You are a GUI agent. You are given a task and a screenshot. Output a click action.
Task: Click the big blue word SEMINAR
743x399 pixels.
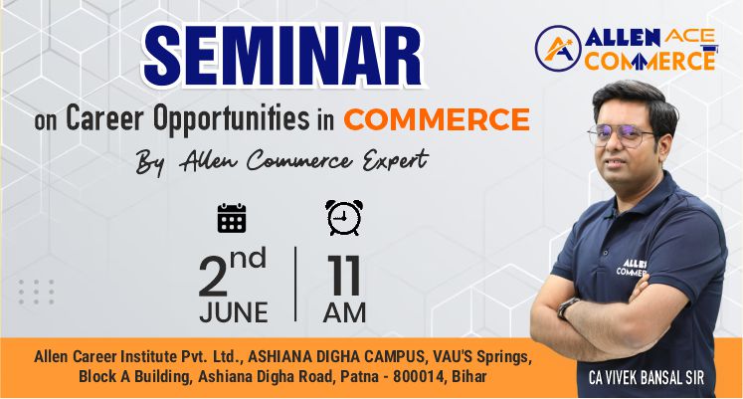coord(283,56)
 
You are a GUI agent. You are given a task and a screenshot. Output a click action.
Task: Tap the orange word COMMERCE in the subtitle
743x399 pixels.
coord(437,119)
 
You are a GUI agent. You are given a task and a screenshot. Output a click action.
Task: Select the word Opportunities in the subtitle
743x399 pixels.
coord(231,118)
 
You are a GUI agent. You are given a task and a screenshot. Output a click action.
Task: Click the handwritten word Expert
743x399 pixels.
coord(396,160)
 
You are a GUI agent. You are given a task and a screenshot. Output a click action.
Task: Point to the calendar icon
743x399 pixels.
coord(231,218)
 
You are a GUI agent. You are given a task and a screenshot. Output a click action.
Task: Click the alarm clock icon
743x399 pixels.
coord(344,218)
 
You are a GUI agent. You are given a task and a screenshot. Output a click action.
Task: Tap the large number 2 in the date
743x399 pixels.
coord(213,276)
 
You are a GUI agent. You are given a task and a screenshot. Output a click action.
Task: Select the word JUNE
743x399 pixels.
coord(234,312)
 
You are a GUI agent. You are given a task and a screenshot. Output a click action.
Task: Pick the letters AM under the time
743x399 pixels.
coord(344,312)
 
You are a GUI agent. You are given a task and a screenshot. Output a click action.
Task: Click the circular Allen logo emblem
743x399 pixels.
coord(558,49)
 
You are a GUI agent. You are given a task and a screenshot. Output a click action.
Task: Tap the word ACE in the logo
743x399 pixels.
coord(690,36)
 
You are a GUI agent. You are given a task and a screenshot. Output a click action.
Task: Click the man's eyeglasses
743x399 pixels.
coord(622,134)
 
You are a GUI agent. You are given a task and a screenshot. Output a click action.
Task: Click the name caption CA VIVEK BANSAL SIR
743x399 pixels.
coord(647,378)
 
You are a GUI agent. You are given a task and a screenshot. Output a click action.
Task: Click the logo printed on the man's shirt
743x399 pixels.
coord(633,269)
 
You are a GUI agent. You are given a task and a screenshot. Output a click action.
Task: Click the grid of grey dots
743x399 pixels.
coord(36,292)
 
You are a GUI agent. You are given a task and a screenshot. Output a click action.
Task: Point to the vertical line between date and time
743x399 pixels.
coord(295,284)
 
